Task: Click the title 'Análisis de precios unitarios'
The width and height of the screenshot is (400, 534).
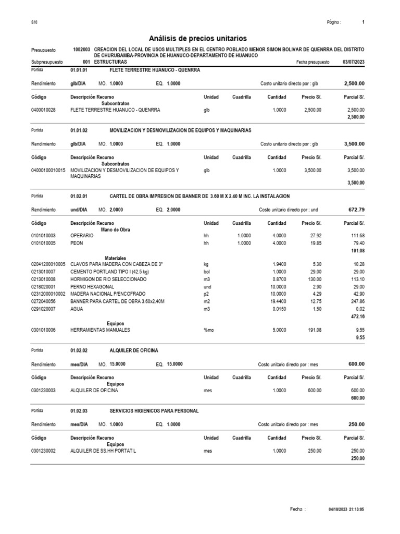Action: coord(198,38)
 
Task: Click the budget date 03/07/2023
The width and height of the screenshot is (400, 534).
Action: coord(354,62)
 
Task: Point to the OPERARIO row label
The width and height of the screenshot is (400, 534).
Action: coord(82,236)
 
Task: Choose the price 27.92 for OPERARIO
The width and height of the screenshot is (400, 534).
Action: coord(315,236)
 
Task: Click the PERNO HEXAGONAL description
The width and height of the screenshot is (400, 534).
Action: coord(92,286)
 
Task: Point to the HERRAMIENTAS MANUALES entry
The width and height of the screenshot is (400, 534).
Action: coord(100,330)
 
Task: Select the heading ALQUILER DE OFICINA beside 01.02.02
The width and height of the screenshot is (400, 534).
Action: coord(134,350)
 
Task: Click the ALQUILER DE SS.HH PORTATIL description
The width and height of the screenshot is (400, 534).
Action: coord(103,451)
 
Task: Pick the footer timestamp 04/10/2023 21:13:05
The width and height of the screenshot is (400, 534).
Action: coord(346,509)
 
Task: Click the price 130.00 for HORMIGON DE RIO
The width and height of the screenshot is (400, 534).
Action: coord(313,279)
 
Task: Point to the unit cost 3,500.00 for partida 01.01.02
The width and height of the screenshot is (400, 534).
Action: coord(354,144)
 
